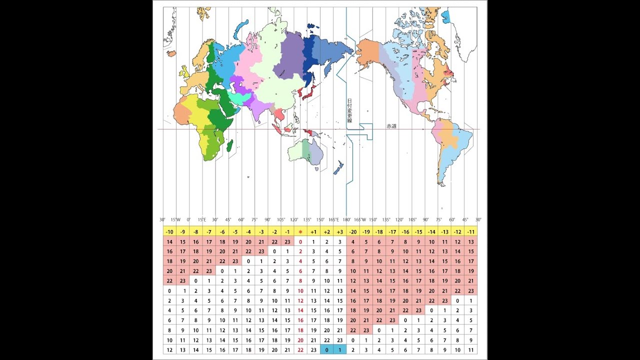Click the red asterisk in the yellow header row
coord(300,232)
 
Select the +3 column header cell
coord(340,232)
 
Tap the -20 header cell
coord(353,232)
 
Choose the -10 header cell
coord(169,232)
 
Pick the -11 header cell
coord(470,232)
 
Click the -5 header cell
coord(235,232)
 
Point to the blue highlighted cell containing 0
coord(327,350)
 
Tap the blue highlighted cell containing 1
coord(340,350)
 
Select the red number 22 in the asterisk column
coord(300,350)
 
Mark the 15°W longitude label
coord(175,219)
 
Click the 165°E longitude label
coord(334,219)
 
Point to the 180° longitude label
coord(346,219)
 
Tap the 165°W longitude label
coord(359,219)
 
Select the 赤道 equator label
coord(391,126)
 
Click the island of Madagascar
coord(230,146)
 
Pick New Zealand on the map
coord(338,167)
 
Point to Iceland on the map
coord(171,52)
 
